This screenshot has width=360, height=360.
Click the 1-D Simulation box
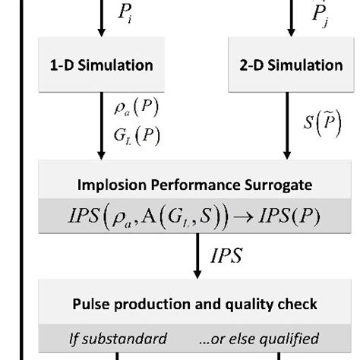[x=101, y=66]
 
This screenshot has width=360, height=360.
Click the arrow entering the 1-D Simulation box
[x=101, y=23]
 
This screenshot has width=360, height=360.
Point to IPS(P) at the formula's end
[x=292, y=217]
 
